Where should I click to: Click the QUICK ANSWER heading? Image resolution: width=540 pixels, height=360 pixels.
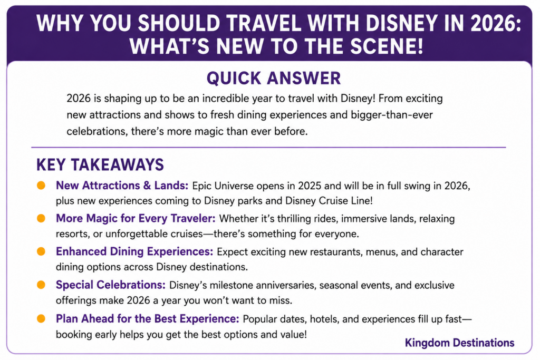274,79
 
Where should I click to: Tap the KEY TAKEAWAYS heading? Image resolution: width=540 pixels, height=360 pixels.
100,165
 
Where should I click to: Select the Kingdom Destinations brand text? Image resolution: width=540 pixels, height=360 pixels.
459,343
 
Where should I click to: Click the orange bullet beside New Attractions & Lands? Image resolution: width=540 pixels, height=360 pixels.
41,186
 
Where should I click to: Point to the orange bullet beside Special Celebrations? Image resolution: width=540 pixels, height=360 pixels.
41,285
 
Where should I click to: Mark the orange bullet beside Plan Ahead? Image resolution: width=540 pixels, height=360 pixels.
41,319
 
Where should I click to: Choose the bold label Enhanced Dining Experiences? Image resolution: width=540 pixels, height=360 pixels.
134,252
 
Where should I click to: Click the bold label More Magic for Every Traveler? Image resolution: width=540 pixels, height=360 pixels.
136,219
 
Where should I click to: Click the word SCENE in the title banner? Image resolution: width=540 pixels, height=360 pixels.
387,46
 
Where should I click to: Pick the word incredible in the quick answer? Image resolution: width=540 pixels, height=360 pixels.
226,99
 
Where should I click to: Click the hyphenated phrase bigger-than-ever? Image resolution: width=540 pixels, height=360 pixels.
392,115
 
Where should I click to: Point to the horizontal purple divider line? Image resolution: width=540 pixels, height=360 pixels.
268,147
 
